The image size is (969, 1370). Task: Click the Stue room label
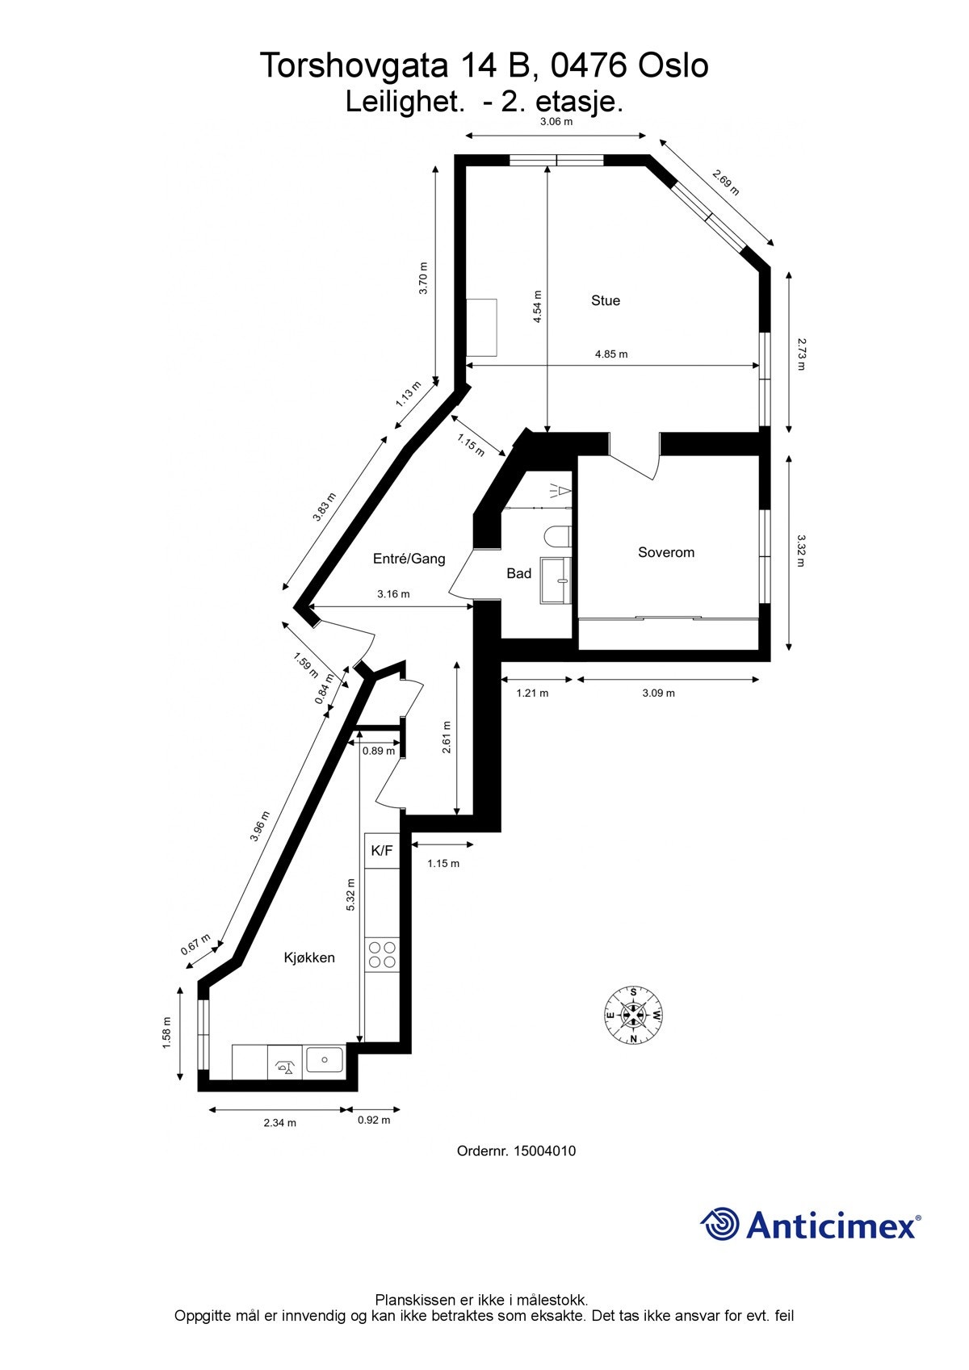point(606,300)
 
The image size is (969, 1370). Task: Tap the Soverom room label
point(665,552)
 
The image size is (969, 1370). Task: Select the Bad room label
point(518,573)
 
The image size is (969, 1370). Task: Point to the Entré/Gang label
point(409,558)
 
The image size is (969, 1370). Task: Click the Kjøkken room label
point(308,957)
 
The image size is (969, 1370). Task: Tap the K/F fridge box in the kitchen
point(382,851)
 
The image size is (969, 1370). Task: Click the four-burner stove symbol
point(382,954)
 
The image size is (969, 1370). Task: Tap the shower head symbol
point(561,489)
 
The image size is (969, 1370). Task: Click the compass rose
point(634,1015)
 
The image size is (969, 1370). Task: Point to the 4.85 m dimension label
point(611,354)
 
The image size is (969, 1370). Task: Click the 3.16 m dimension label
point(393,594)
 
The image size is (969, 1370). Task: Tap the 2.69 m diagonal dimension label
point(725,182)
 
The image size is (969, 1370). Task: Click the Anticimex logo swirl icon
point(719,1224)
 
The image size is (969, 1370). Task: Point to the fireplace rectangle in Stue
point(481,327)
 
